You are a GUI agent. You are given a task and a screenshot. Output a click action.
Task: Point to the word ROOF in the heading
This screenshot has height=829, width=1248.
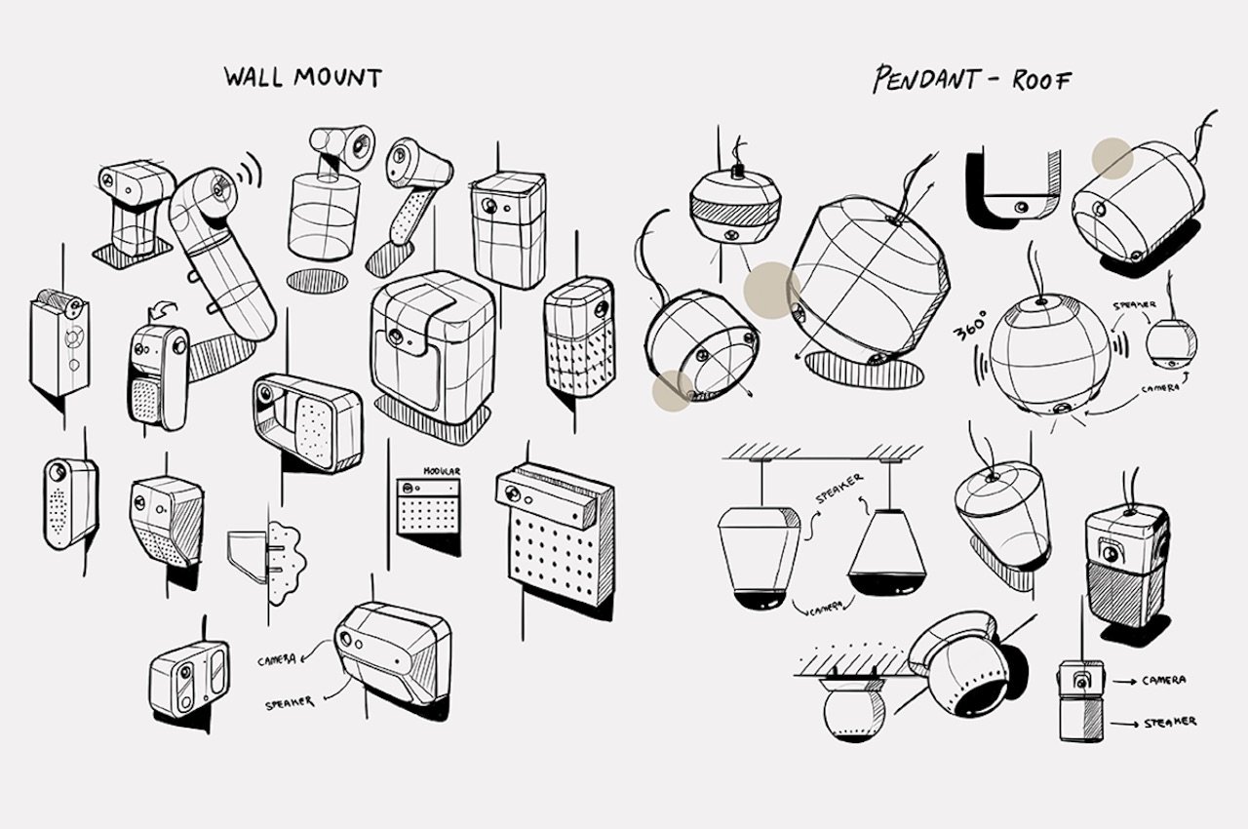(1041, 81)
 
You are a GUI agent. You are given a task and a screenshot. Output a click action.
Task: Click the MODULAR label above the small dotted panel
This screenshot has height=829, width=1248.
(442, 471)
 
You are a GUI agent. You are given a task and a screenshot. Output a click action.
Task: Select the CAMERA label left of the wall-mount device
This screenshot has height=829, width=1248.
(276, 660)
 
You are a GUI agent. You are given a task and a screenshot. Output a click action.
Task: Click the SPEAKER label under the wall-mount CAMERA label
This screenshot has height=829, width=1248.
(290, 703)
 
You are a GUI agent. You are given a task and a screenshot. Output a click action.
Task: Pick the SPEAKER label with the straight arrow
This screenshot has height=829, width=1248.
(1170, 723)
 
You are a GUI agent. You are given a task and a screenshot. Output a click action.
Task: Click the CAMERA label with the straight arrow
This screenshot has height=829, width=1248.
(1164, 680)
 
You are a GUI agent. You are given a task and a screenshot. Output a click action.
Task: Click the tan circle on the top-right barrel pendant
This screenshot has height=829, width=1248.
(1112, 158)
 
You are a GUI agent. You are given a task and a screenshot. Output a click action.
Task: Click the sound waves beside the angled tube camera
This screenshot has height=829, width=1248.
(249, 169)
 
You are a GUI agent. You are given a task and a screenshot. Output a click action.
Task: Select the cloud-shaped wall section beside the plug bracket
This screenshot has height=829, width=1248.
(286, 563)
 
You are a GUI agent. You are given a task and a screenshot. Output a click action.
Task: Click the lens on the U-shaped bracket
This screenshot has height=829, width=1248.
(1021, 207)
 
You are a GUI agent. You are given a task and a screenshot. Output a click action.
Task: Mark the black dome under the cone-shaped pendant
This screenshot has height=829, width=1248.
(887, 583)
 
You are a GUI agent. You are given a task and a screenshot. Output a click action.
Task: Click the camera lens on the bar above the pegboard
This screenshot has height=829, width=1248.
(510, 493)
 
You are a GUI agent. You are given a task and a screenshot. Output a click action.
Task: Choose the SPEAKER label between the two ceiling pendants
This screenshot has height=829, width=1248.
(839, 488)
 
